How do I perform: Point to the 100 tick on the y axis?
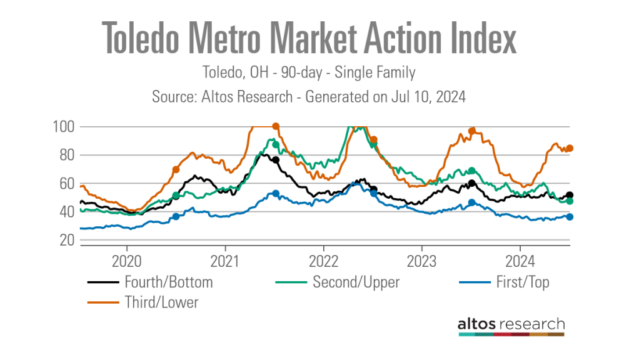click(x=64, y=127)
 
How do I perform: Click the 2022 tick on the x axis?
click(x=324, y=258)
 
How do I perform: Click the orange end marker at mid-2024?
click(x=570, y=148)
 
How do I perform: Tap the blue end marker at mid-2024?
click(x=570, y=217)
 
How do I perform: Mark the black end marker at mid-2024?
click(x=570, y=196)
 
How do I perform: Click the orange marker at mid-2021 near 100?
click(x=276, y=126)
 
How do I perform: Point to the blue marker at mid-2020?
click(x=176, y=216)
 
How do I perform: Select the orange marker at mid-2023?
click(x=472, y=131)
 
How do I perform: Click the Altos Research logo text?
click(x=511, y=324)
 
